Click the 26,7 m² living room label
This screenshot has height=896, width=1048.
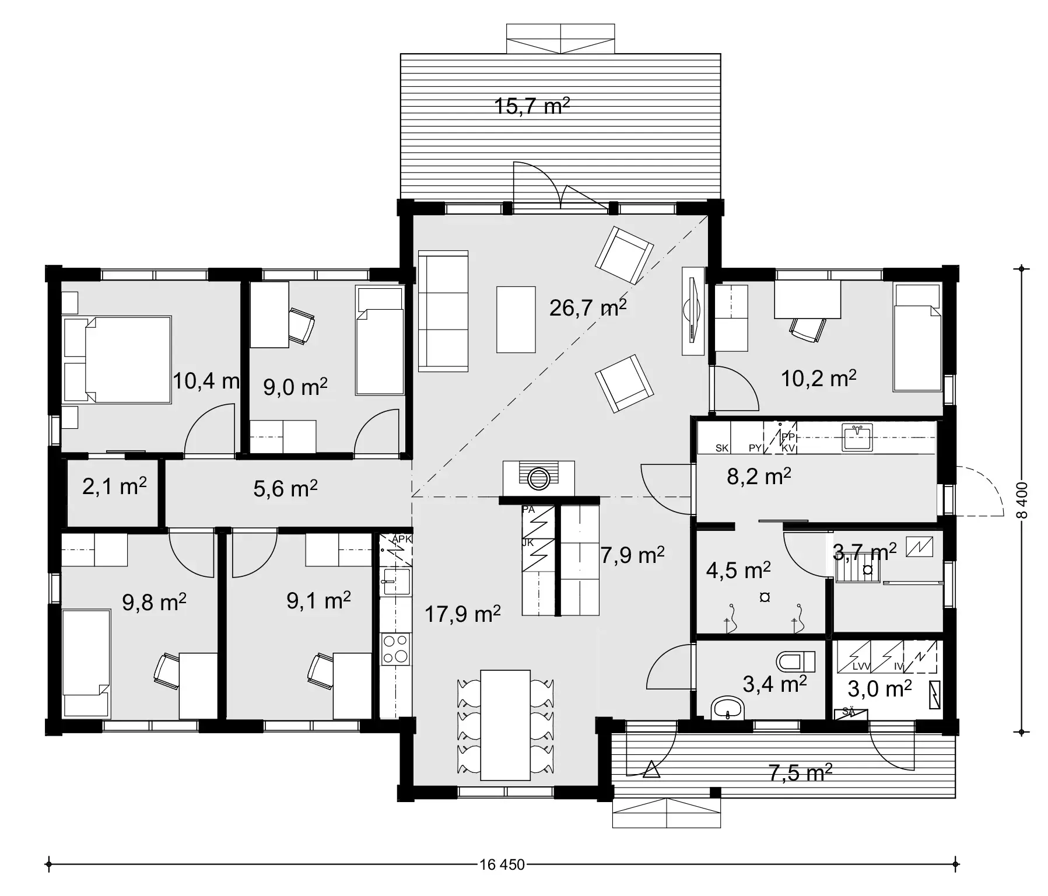click(587, 307)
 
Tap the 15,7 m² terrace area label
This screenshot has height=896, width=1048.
click(531, 107)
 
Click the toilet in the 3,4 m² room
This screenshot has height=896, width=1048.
click(795, 661)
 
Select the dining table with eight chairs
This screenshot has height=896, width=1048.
click(505, 725)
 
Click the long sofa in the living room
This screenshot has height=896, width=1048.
click(443, 311)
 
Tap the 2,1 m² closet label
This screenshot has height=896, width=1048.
click(114, 487)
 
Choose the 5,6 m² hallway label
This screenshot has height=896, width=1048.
click(285, 488)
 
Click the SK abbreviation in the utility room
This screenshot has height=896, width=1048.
click(722, 448)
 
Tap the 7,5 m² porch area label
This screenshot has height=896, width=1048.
click(800, 773)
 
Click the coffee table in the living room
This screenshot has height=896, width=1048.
click(516, 320)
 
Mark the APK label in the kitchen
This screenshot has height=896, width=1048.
click(402, 540)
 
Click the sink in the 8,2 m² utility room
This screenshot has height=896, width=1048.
click(857, 437)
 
